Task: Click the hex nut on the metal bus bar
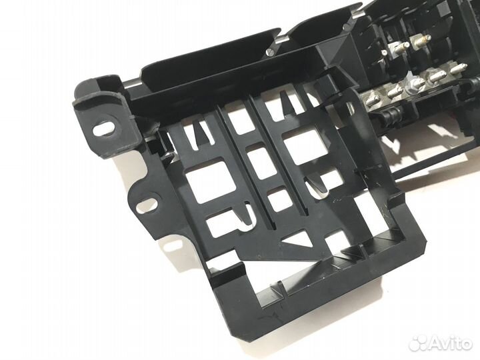click(x=413, y=84)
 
